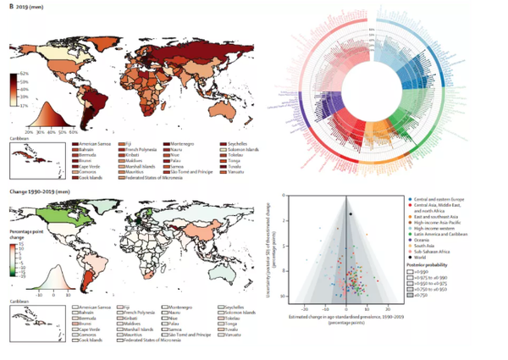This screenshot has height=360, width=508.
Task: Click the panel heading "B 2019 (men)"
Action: click(x=25, y=8)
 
